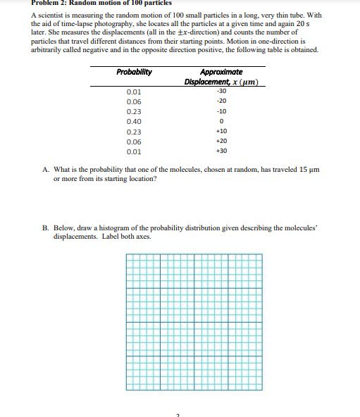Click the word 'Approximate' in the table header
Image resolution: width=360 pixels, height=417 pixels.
point(221,72)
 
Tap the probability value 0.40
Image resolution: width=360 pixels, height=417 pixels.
point(133,121)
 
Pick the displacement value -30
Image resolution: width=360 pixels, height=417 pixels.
point(221,91)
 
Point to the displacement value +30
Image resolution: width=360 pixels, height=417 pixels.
point(221,151)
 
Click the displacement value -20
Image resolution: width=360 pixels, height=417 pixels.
point(221,101)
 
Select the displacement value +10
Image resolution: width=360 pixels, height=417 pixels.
point(221,131)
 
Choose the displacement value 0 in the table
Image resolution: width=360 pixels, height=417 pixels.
point(222,121)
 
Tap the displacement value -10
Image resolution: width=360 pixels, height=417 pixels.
point(221,111)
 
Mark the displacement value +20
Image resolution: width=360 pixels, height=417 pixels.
point(221,141)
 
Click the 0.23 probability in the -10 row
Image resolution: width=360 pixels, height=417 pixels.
point(133,111)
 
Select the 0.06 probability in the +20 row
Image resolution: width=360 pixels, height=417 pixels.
point(133,141)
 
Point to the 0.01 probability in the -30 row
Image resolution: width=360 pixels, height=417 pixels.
point(133,92)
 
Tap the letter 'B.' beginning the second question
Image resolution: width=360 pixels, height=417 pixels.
point(46,230)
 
